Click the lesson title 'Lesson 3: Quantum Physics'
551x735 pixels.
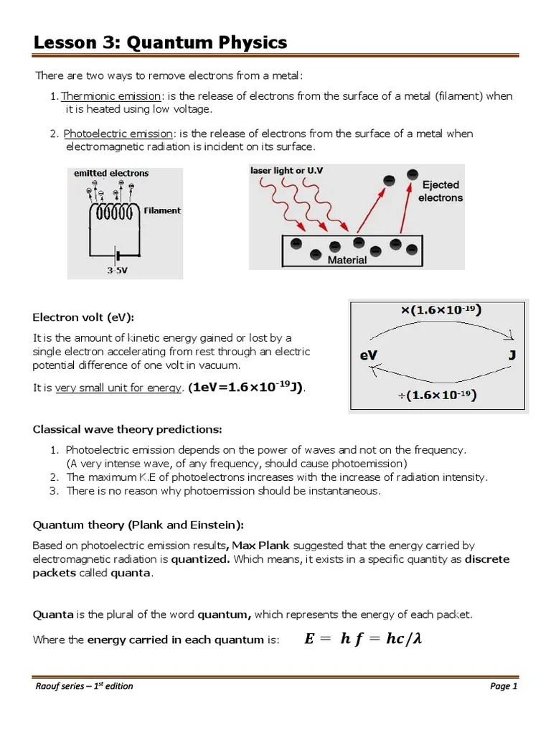(x=160, y=43)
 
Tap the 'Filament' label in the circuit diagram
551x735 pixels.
(x=162, y=211)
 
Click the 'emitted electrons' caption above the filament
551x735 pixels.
(x=111, y=173)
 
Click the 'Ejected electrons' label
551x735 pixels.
(x=440, y=191)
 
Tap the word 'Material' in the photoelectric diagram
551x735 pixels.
(x=347, y=261)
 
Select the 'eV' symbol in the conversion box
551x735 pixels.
(x=370, y=355)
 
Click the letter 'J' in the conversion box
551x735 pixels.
(x=512, y=355)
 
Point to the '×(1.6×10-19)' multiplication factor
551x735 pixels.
(x=440, y=310)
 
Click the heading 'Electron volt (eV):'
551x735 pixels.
(x=83, y=317)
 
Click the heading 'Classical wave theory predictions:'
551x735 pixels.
(x=128, y=429)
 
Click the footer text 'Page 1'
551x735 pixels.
(x=504, y=686)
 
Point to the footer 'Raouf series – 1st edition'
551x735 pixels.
(x=84, y=686)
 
